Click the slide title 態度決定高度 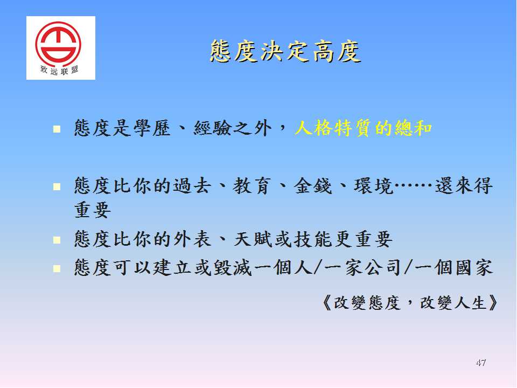click(285, 52)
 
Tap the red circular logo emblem click(58, 42)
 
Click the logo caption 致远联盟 click(59, 70)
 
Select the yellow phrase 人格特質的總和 click(363, 128)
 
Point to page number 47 click(481, 363)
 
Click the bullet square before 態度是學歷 click(57, 129)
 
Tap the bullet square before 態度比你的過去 click(57, 187)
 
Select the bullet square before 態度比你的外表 click(57, 239)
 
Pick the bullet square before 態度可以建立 click(57, 268)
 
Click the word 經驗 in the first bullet click(212, 128)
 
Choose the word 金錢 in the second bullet click(313, 186)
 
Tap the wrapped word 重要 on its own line click(93, 210)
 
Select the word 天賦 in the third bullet click(253, 239)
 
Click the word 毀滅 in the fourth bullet click(233, 268)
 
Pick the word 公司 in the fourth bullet click(383, 268)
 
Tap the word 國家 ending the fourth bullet click(474, 268)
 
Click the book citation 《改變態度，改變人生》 click(410, 302)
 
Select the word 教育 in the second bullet click(252, 186)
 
